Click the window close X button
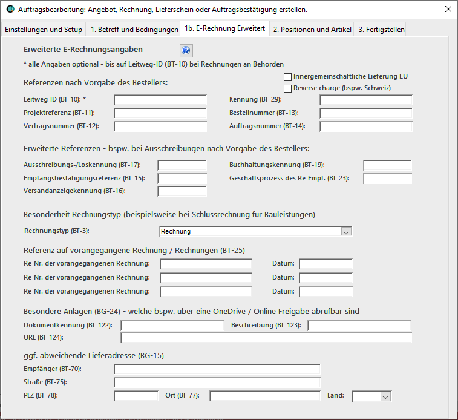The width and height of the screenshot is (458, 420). pyautogui.click(x=448, y=10)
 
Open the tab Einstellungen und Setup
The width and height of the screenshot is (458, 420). pyautogui.click(x=44, y=30)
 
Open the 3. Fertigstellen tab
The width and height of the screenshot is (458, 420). pyautogui.click(x=381, y=30)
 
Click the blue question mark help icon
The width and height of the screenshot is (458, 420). pyautogui.click(x=186, y=51)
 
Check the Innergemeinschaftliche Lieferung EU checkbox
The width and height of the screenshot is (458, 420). pyautogui.click(x=287, y=77)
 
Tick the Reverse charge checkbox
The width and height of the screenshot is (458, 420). pyautogui.click(x=287, y=88)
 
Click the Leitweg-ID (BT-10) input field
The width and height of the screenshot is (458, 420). pyautogui.click(x=160, y=100)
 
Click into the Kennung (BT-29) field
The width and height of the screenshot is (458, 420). pyautogui.click(x=365, y=100)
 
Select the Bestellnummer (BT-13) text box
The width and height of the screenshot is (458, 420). pyautogui.click(x=365, y=113)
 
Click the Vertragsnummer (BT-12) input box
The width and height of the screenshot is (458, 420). pyautogui.click(x=160, y=126)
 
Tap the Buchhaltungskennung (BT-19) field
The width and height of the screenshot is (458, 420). pyautogui.click(x=387, y=165)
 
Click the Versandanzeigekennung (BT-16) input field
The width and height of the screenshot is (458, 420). pyautogui.click(x=182, y=191)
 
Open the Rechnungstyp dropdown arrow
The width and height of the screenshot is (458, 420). pyautogui.click(x=346, y=231)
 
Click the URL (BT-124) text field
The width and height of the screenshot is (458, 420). pyautogui.click(x=266, y=338)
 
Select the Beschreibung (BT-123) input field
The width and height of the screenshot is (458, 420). pyautogui.click(x=359, y=326)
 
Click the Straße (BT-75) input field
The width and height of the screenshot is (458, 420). pyautogui.click(x=217, y=382)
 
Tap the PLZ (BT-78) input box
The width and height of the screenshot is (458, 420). pyautogui.click(x=136, y=396)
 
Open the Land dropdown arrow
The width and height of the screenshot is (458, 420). pyautogui.click(x=385, y=396)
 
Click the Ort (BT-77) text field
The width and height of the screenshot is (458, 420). pyautogui.click(x=264, y=396)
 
